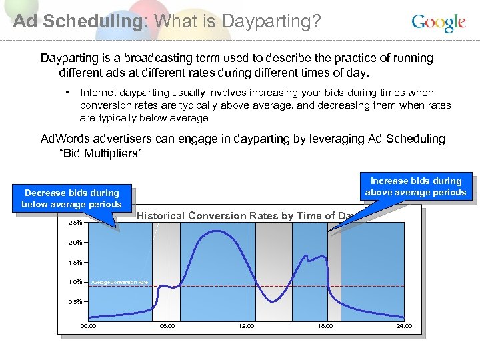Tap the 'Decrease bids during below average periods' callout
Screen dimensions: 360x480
[71, 199]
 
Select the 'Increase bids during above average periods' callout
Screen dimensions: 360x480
[416, 187]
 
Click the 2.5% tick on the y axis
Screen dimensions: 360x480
[75, 223]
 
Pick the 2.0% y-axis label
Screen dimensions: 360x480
[75, 243]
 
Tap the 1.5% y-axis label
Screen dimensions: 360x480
[75, 263]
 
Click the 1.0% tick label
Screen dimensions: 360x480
[75, 282]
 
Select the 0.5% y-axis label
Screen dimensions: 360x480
[75, 302]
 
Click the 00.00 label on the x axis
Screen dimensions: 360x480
[88, 326]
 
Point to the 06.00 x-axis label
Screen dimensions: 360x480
[167, 326]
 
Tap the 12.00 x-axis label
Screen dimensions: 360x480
[246, 326]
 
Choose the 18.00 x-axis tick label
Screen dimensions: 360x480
[325, 326]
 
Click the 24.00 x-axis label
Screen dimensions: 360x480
[404, 326]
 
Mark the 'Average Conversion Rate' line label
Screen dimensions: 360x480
[119, 283]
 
